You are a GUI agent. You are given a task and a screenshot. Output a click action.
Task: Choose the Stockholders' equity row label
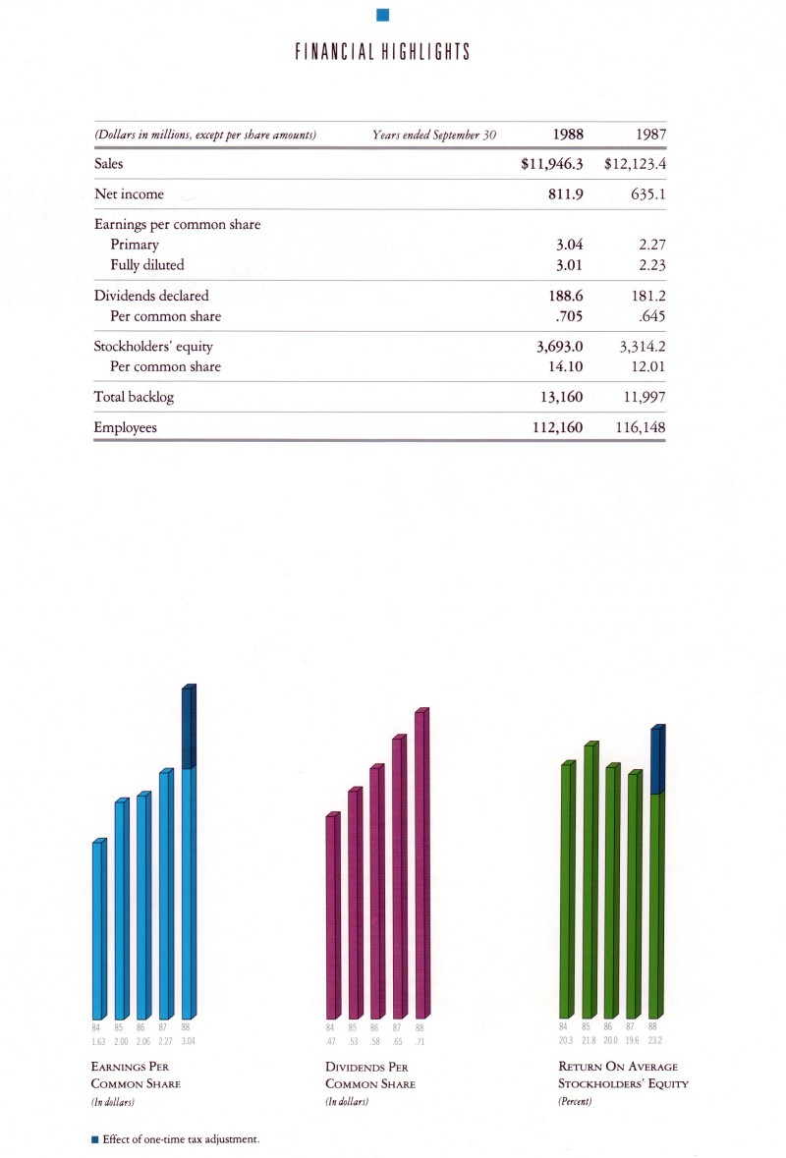(153, 346)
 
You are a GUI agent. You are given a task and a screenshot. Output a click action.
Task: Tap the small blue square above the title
(383, 13)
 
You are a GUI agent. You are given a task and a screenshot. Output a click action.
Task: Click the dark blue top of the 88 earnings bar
(189, 727)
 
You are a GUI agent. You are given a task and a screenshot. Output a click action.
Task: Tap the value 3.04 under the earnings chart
(190, 1041)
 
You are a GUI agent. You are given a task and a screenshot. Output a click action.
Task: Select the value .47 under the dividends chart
(331, 1041)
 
